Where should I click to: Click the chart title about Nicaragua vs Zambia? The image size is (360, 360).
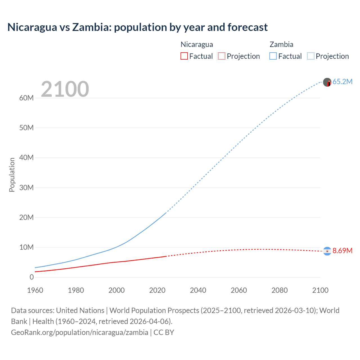(138, 27)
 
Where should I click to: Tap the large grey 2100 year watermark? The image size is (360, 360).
(65, 89)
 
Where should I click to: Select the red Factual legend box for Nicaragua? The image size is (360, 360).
(184, 56)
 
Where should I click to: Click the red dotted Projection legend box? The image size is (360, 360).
(222, 56)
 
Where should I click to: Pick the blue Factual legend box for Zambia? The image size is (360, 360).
(273, 56)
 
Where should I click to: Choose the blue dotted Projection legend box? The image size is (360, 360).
(311, 56)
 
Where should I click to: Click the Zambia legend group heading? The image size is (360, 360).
(281, 44)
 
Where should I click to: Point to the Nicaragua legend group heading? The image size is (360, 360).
(197, 44)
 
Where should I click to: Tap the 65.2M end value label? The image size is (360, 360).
(342, 82)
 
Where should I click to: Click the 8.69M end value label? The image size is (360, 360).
(342, 251)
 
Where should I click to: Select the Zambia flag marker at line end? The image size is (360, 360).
(327, 82)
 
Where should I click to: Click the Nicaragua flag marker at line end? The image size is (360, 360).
(327, 251)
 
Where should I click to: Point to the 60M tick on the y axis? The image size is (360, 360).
(26, 98)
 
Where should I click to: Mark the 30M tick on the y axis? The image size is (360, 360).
(26, 188)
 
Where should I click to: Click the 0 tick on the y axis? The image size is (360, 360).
(31, 277)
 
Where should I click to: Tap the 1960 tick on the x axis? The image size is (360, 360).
(35, 290)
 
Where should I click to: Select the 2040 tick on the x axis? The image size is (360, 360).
(198, 290)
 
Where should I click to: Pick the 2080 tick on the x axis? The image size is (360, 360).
(280, 290)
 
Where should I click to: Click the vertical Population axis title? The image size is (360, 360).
(12, 175)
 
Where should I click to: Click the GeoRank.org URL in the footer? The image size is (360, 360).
(80, 332)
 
